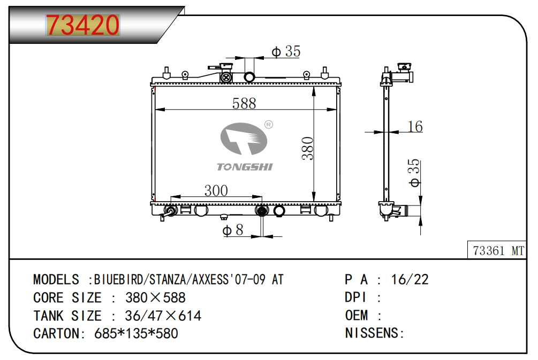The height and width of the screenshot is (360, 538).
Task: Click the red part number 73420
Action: click(82, 25)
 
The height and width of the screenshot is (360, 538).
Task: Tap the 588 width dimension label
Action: click(244, 104)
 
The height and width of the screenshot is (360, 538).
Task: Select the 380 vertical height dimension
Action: click(308, 148)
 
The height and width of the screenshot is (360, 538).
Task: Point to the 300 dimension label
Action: click(216, 190)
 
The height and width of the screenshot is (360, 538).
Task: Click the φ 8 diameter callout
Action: click(233, 229)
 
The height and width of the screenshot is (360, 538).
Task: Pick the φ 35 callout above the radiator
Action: click(286, 51)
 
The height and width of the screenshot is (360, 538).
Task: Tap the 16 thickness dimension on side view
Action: click(415, 127)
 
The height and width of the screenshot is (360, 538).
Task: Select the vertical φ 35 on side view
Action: click(414, 173)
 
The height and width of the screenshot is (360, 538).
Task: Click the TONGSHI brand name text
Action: click(245, 167)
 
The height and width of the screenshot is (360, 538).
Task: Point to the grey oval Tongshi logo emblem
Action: click(244, 139)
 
